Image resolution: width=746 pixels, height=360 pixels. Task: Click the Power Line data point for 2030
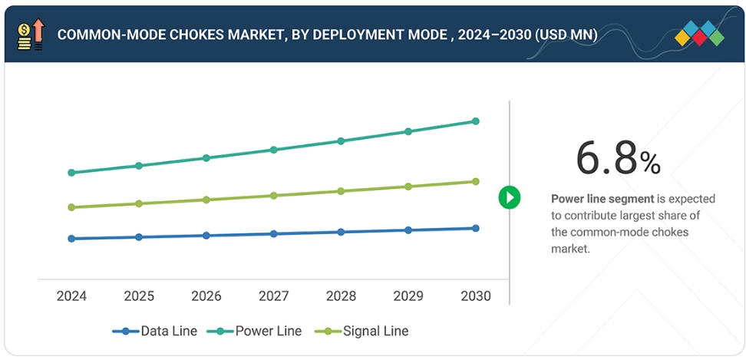click(475, 121)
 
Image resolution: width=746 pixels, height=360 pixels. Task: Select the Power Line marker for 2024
click(71, 173)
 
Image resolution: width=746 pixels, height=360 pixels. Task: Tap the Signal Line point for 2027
click(273, 196)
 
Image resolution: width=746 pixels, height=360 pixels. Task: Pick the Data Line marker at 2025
click(139, 237)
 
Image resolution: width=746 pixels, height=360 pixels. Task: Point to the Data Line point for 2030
click(475, 228)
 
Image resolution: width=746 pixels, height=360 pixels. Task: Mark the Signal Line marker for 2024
click(71, 207)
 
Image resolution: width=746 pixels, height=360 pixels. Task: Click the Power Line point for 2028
click(341, 141)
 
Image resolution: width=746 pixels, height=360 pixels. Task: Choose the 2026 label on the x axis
click(206, 296)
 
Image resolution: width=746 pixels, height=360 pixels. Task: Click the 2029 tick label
click(408, 296)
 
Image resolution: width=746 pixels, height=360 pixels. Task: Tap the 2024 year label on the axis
click(71, 296)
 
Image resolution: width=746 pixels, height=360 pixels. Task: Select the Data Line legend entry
click(155, 332)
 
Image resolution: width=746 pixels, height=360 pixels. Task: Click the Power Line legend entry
click(258, 332)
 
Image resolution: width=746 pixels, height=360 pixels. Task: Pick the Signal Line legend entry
click(365, 332)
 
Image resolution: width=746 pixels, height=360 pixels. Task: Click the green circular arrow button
click(510, 197)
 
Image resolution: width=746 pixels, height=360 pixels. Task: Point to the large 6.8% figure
click(618, 160)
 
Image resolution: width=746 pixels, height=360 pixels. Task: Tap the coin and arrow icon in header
click(31, 35)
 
